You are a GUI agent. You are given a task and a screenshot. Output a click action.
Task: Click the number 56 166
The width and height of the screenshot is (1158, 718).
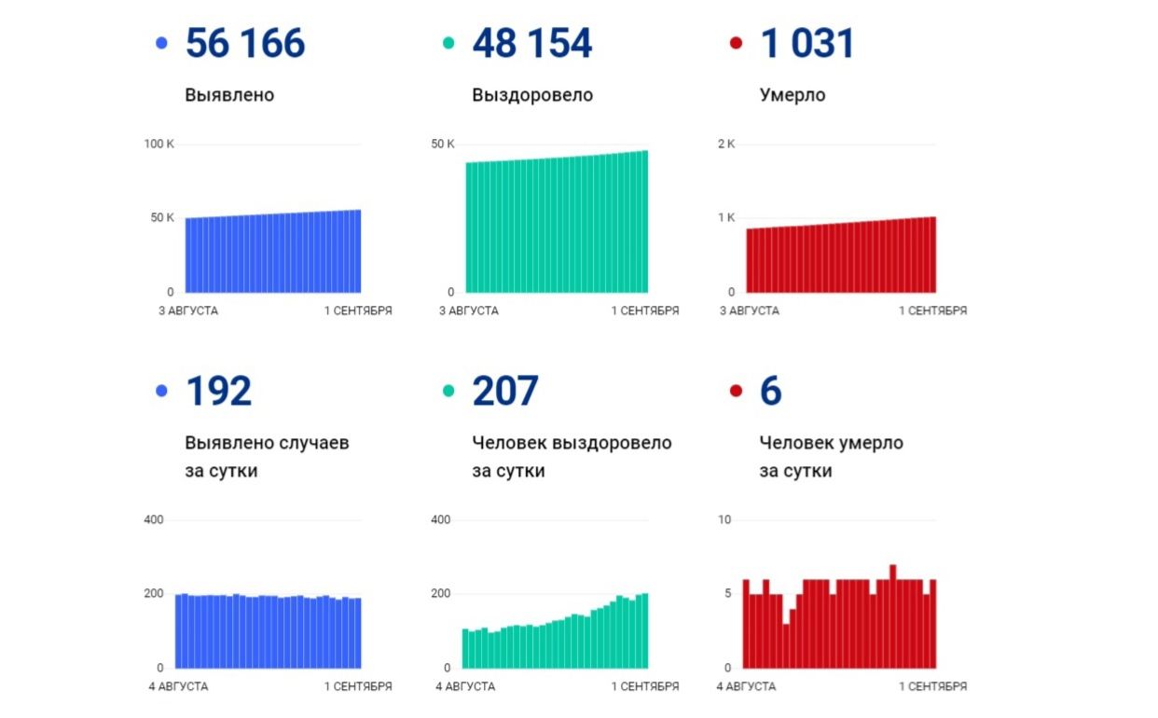[x=245, y=44]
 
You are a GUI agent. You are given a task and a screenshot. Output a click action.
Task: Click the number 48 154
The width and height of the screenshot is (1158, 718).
[x=531, y=44]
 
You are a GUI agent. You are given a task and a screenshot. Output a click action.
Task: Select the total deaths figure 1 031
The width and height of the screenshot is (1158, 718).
[x=807, y=44]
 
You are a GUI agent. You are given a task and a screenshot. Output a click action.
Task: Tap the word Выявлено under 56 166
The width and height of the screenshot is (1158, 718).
[x=229, y=95]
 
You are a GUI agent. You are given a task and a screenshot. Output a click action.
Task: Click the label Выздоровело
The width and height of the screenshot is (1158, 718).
[x=532, y=95]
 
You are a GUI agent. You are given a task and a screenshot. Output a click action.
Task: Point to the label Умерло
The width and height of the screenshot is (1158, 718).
[x=792, y=95]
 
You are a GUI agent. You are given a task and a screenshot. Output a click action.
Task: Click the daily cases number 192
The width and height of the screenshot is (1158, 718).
[x=218, y=392]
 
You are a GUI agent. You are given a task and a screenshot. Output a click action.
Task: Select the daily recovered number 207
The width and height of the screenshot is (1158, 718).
[x=504, y=392]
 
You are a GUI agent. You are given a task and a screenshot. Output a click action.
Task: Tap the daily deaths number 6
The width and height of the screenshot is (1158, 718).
[x=770, y=392]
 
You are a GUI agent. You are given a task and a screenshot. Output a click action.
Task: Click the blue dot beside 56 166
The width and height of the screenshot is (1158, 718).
[x=162, y=43]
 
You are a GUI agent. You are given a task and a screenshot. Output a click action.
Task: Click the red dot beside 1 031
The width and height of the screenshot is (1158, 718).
[x=736, y=43]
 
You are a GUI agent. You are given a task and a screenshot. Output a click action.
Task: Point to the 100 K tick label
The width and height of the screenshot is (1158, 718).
[x=159, y=144]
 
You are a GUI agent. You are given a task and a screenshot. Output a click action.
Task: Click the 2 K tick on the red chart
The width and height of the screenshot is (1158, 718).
[x=725, y=144]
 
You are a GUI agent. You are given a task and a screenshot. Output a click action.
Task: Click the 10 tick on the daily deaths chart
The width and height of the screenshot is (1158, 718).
[x=724, y=519]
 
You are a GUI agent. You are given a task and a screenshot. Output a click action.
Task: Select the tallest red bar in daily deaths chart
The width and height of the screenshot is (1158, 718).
[x=892, y=616]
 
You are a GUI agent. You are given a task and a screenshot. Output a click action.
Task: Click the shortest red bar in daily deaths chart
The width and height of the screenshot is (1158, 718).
[x=786, y=646]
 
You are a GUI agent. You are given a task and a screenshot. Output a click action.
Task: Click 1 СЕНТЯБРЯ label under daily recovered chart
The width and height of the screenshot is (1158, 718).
[x=645, y=686]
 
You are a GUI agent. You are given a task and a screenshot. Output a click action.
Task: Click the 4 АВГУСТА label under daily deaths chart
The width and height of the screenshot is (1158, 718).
[x=746, y=686]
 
